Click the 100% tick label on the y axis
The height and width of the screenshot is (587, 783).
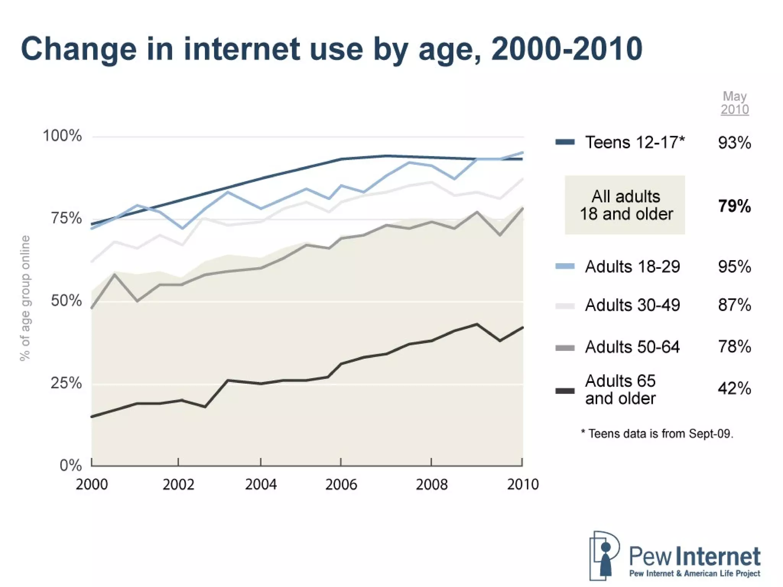point(62,136)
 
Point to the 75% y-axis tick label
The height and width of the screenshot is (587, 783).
point(66,218)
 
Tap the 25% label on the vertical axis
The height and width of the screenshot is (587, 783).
point(66,383)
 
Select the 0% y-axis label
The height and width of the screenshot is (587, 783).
point(71,465)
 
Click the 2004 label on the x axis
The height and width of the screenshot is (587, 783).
point(261,485)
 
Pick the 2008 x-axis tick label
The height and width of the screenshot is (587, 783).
point(432,485)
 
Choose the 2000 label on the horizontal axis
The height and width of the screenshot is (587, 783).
point(92,485)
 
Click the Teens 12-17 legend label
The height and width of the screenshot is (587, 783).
point(635,143)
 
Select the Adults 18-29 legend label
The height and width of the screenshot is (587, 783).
point(632,267)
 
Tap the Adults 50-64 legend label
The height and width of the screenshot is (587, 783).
point(632,347)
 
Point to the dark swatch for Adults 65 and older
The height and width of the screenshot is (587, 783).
point(565,391)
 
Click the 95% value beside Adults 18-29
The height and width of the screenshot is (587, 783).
point(734,267)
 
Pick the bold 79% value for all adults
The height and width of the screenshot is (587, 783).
point(734,206)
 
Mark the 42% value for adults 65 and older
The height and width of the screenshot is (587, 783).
point(734,389)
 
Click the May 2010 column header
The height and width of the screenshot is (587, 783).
point(734,103)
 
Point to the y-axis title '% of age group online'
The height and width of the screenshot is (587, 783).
point(25,298)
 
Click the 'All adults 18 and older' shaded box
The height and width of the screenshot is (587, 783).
point(625,205)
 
